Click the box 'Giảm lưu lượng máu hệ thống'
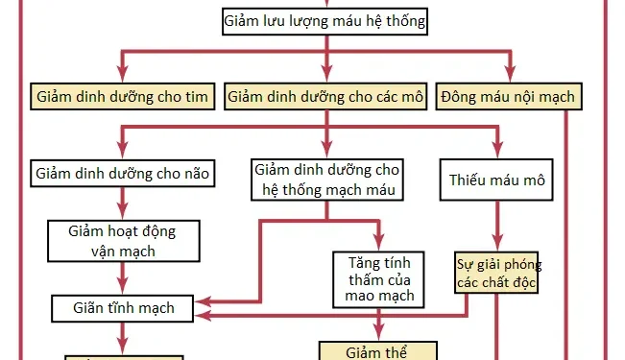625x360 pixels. [325, 20]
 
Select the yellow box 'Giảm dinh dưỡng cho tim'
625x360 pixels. [121, 97]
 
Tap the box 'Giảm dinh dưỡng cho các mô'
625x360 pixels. [325, 97]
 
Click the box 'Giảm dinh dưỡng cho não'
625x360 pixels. [122, 173]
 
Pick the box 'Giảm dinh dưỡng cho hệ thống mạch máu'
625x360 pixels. [326, 180]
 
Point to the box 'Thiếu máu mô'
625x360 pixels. [496, 179]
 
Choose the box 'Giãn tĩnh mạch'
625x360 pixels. [125, 308]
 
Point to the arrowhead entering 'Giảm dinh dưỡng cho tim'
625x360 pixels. [122, 78]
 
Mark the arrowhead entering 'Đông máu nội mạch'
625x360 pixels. [510, 78]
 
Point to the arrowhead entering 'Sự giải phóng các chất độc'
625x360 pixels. [496, 245]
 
